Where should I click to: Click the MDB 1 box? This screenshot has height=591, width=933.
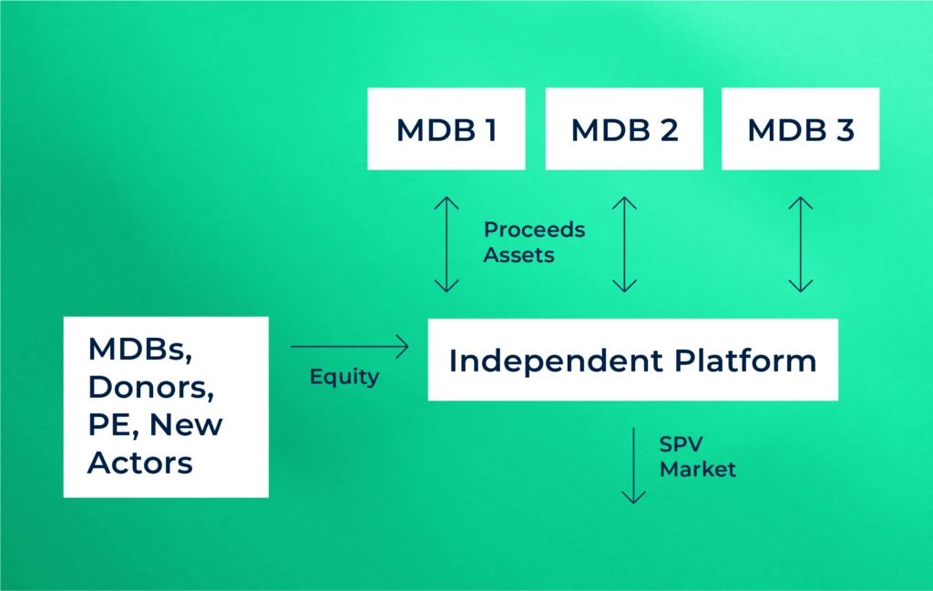click(446, 128)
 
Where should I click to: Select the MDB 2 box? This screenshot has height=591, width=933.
click(624, 128)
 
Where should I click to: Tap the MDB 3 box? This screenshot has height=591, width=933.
click(800, 128)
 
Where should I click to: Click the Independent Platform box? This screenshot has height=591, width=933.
click(632, 360)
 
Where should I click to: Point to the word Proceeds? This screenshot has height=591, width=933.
click(534, 229)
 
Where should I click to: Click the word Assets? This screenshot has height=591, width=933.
click(518, 255)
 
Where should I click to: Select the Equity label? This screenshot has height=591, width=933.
click(343, 376)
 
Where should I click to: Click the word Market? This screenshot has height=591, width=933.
click(697, 469)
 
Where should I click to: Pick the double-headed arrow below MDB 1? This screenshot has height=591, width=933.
click(446, 244)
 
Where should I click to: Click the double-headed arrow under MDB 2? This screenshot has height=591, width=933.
click(624, 244)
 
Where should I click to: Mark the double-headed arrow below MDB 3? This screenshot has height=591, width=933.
click(800, 244)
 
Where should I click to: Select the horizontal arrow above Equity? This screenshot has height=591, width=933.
click(349, 346)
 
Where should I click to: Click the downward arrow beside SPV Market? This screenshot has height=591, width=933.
click(633, 465)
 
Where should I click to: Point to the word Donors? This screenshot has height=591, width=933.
click(150, 387)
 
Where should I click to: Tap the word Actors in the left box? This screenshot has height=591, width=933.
click(139, 462)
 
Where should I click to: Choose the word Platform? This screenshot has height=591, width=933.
click(745, 361)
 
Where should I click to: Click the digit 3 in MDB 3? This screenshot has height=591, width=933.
click(844, 129)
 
